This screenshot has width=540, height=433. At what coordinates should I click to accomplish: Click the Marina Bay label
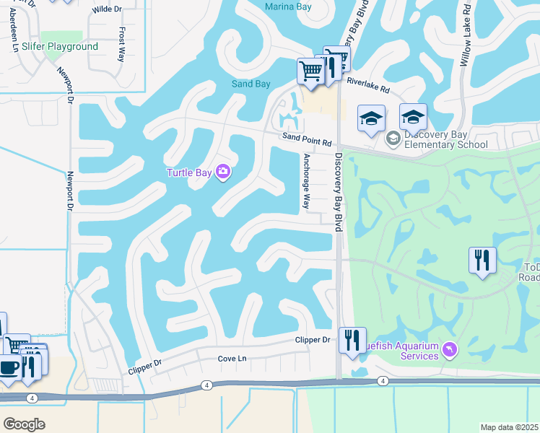tap(288, 7)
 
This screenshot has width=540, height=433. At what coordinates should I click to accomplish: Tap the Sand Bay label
tap(251, 84)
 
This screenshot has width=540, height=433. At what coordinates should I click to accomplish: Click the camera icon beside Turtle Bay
tap(223, 172)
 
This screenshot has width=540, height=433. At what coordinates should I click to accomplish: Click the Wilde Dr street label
tap(106, 10)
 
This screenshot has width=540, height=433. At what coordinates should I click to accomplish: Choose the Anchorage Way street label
tap(306, 181)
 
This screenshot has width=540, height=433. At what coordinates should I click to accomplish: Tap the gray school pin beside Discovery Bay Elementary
tap(393, 138)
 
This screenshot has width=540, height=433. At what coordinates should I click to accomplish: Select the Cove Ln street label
tap(232, 359)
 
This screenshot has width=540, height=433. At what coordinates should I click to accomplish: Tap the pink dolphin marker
tap(450, 350)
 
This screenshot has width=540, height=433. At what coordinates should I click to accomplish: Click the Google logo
tap(24, 424)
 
